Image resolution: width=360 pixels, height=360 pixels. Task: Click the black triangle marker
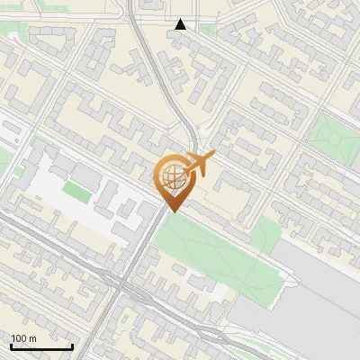182,25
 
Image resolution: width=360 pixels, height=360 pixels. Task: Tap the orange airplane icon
200,164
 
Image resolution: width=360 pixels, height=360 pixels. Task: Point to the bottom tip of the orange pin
172,211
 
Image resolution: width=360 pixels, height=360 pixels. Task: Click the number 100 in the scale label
18,338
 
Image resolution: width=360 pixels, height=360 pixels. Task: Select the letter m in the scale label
32,338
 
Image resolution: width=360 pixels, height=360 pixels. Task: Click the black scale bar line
40,346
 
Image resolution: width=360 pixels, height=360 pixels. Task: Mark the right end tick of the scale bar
72,345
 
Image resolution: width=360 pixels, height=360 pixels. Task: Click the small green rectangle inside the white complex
76,192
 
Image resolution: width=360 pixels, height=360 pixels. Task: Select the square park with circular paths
331,138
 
